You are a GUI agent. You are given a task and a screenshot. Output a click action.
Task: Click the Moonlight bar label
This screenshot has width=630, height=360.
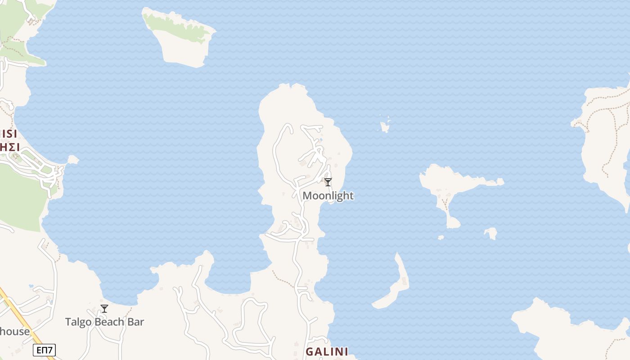(328, 196)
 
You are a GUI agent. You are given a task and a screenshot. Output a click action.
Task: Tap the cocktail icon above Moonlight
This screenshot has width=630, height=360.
(328, 182)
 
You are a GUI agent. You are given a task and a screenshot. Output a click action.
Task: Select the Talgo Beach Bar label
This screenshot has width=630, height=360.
(104, 322)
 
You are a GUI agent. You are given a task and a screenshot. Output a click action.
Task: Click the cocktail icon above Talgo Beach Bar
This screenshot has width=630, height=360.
(104, 308)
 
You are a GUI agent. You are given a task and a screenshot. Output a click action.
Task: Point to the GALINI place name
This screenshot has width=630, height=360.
(327, 351)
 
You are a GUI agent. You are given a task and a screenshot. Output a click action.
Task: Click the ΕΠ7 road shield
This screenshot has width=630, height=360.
(44, 350)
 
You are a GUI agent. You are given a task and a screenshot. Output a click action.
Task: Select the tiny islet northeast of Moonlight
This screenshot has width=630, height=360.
(385, 127)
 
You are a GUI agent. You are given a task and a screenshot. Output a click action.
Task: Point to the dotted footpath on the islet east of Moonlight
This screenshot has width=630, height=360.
(445, 205)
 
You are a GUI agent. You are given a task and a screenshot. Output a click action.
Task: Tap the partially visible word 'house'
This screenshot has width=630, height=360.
(14, 332)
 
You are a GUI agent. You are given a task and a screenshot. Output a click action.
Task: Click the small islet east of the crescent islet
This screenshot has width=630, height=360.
(491, 233)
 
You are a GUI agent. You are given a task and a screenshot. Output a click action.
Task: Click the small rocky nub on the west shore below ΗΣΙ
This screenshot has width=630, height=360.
(72, 160)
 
